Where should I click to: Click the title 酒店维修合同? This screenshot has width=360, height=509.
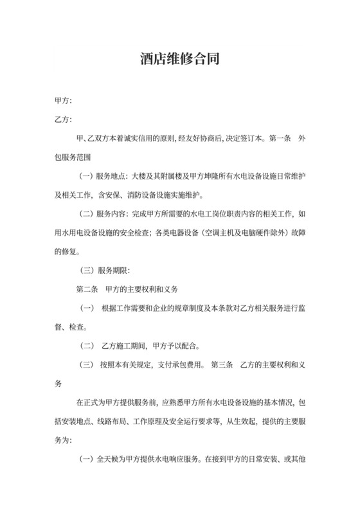(x=180, y=60)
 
